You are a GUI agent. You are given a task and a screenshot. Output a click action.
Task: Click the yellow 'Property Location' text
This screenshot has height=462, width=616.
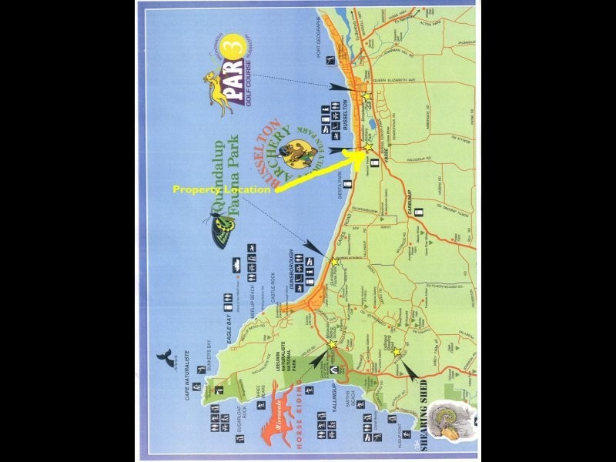pos(221,189)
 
